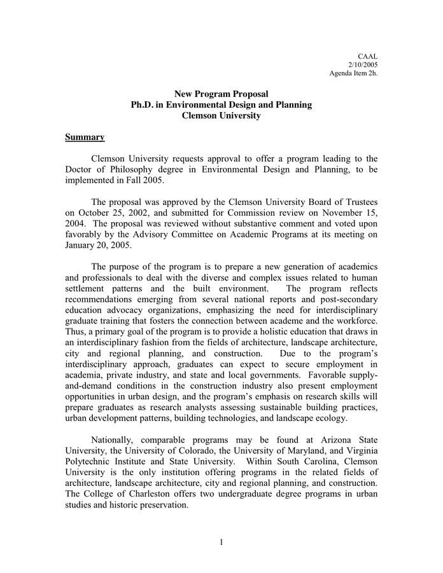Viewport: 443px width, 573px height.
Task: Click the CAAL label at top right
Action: point(368,57)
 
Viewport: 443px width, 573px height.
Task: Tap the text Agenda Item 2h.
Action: point(353,73)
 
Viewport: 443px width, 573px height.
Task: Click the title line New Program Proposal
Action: point(221,94)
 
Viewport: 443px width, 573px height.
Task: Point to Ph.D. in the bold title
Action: point(143,104)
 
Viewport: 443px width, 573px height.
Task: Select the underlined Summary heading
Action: point(85,137)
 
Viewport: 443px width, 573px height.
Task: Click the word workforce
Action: point(354,321)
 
